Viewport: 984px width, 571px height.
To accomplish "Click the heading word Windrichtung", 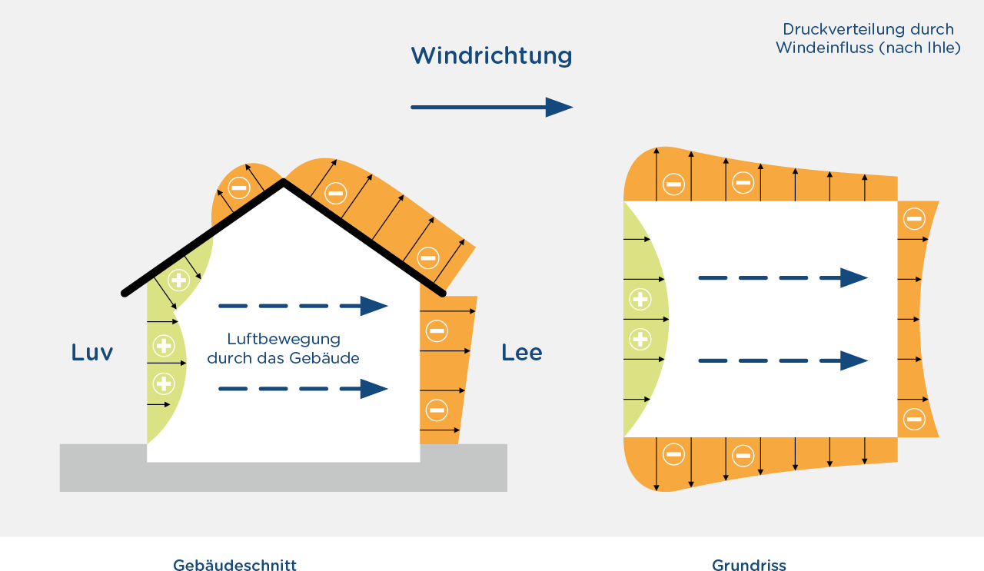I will tap(491, 56).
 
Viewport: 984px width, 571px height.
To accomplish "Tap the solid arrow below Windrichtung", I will tap(492, 107).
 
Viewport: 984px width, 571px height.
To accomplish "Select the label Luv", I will tap(92, 353).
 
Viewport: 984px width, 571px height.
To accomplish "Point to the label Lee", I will tap(522, 353).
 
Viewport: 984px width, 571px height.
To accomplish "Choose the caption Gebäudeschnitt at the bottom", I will tap(235, 565).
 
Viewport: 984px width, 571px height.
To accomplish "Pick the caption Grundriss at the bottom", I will tap(749, 565).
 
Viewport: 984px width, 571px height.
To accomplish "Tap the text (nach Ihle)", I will tap(919, 48).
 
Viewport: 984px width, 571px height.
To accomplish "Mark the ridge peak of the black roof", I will tap(284, 181).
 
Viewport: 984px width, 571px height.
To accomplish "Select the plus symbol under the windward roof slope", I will tap(179, 281).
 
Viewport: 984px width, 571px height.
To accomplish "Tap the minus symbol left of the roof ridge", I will tap(239, 188).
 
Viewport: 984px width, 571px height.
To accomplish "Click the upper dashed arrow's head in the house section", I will tap(374, 306).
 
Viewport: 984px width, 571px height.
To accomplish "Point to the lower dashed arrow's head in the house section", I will tap(374, 390).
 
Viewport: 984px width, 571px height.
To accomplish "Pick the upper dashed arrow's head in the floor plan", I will tap(854, 278).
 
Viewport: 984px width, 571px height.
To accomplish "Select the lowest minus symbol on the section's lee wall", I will tap(437, 410).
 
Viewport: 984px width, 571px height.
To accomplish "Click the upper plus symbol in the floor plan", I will tap(640, 299).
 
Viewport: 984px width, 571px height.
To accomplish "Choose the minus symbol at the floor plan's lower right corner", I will tap(914, 419).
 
